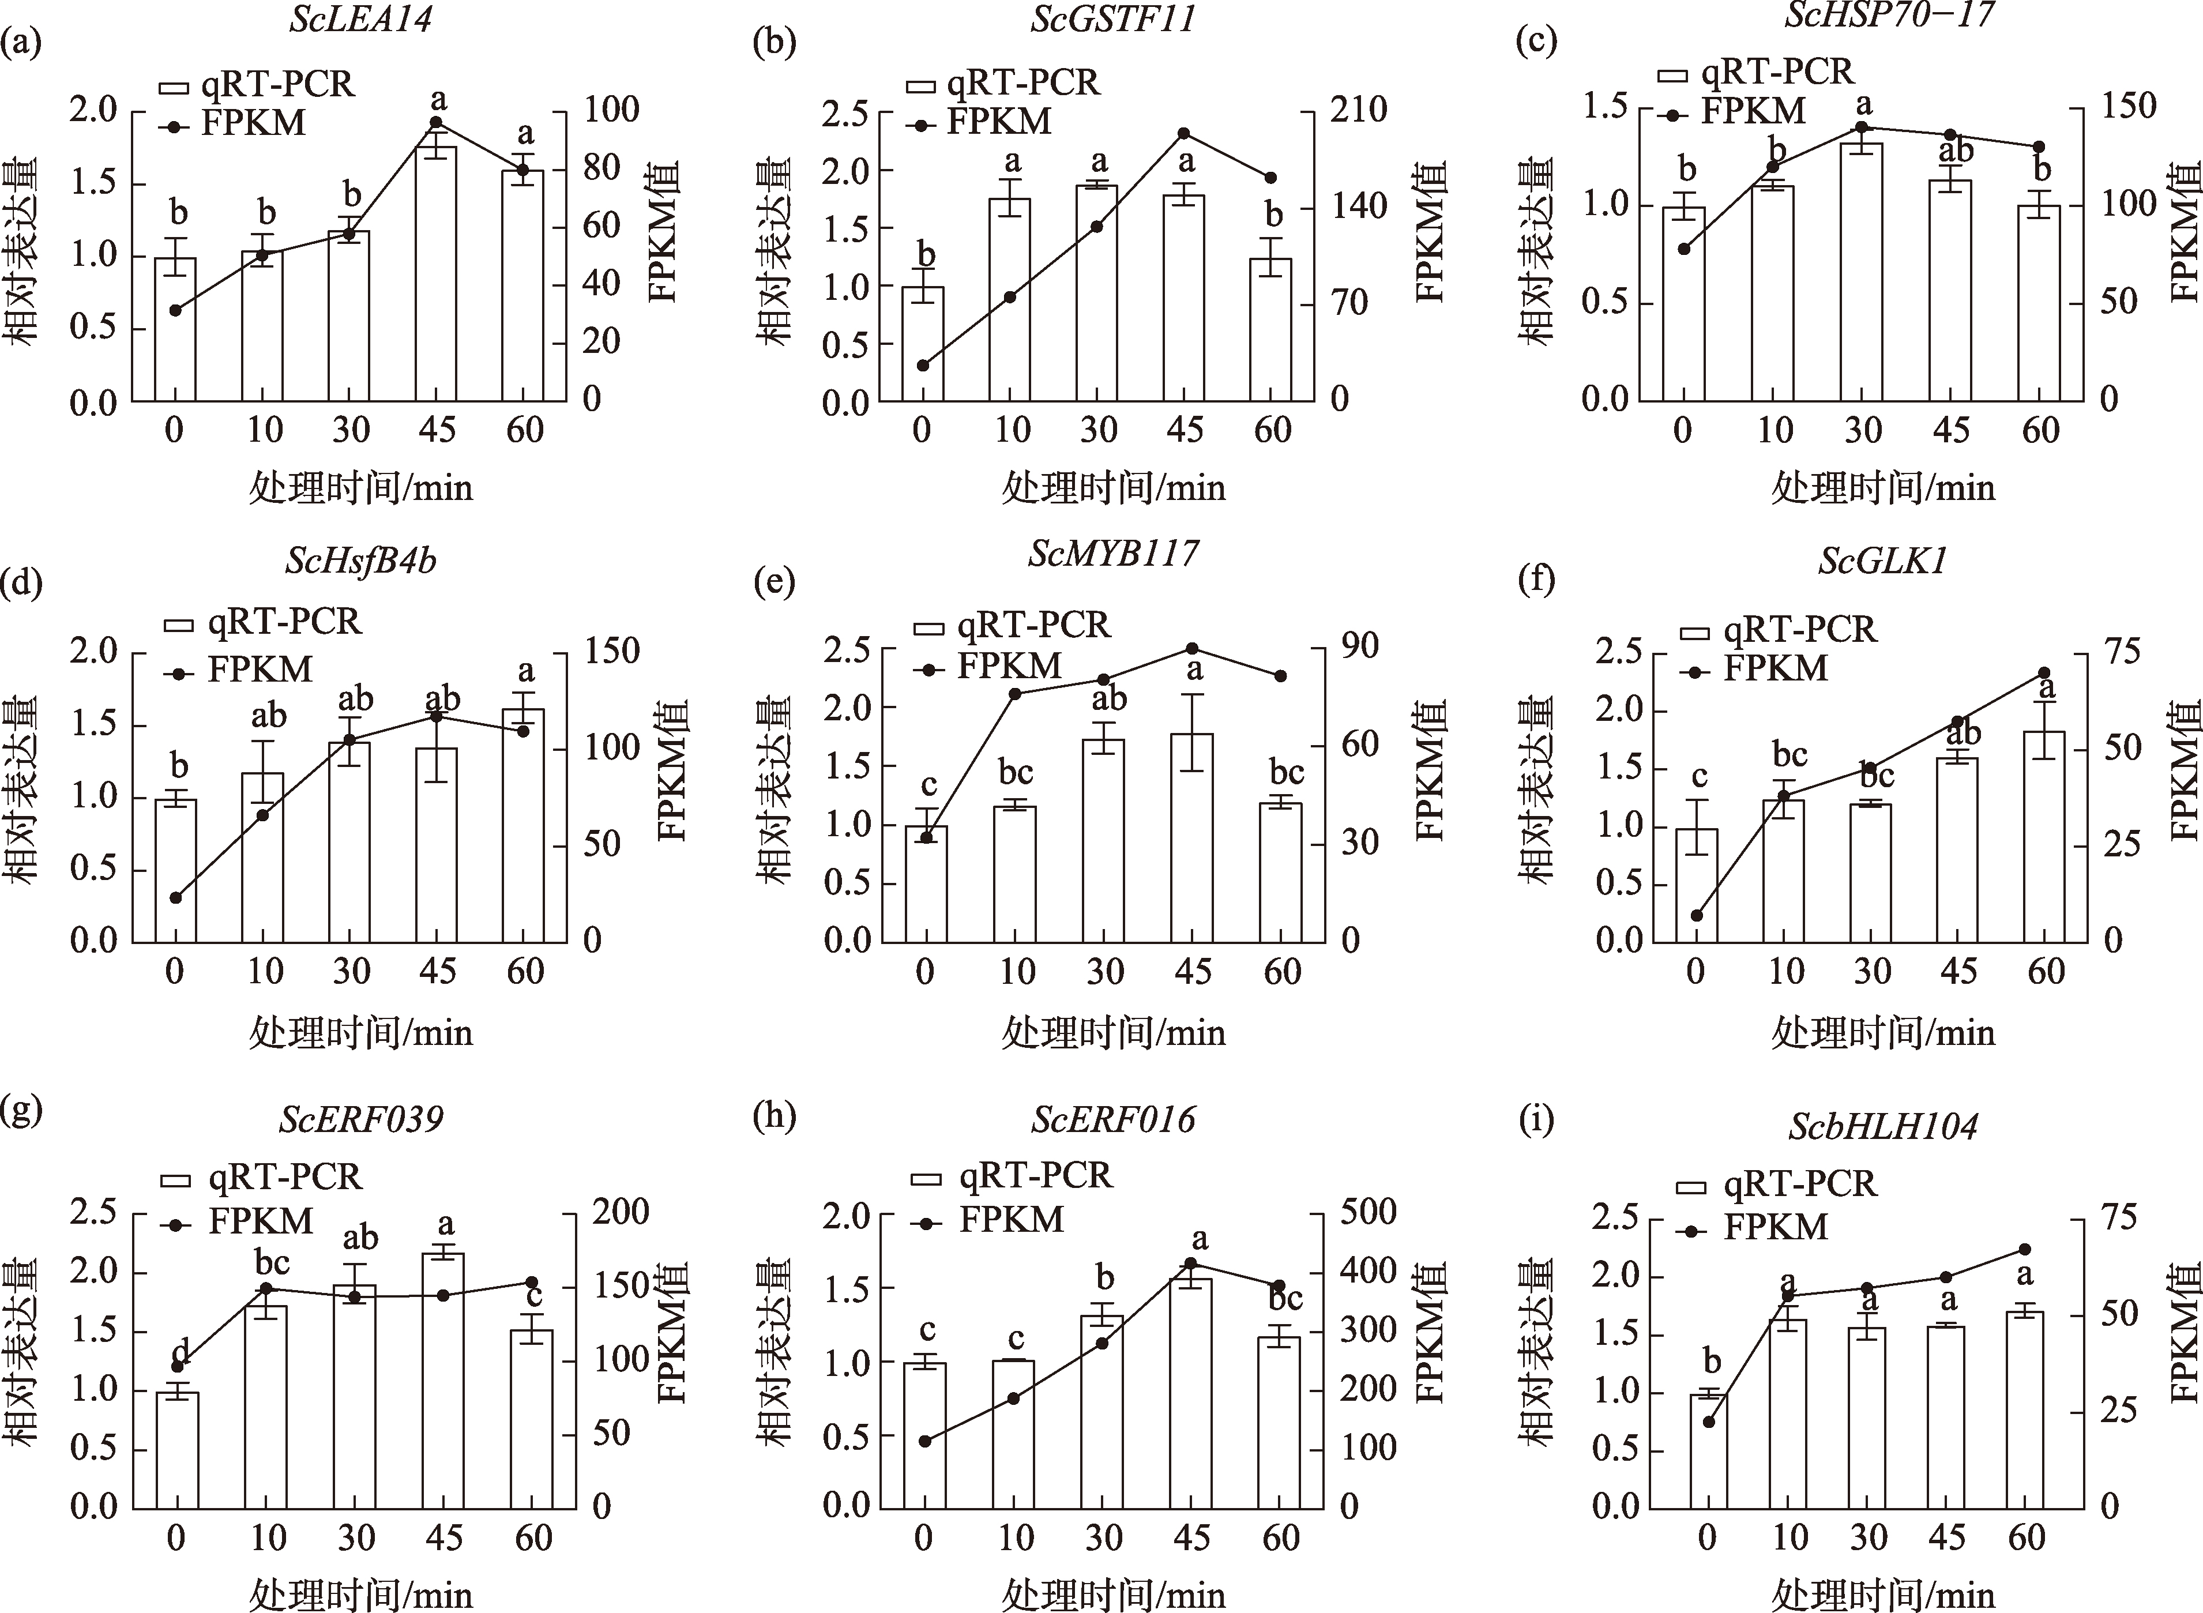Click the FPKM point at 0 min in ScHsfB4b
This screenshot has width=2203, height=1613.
pos(176,897)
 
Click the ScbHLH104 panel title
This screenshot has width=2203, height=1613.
pos(1883,1127)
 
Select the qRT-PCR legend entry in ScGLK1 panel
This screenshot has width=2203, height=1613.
pos(1777,630)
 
